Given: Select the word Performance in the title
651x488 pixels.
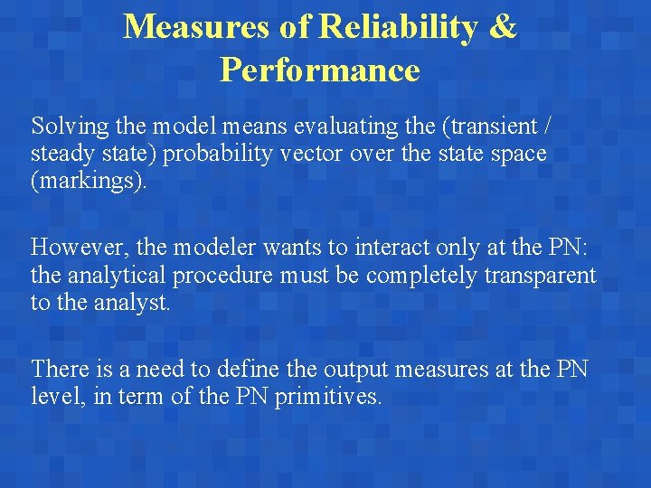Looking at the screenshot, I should pyautogui.click(x=320, y=70).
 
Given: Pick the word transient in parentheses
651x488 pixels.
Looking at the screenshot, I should pyautogui.click(x=496, y=125).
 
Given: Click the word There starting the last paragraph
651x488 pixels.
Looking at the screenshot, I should pyautogui.click(x=60, y=369).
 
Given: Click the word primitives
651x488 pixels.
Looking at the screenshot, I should pyautogui.click(x=326, y=398).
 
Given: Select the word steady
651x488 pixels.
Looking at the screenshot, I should pyautogui.click(x=61, y=155).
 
